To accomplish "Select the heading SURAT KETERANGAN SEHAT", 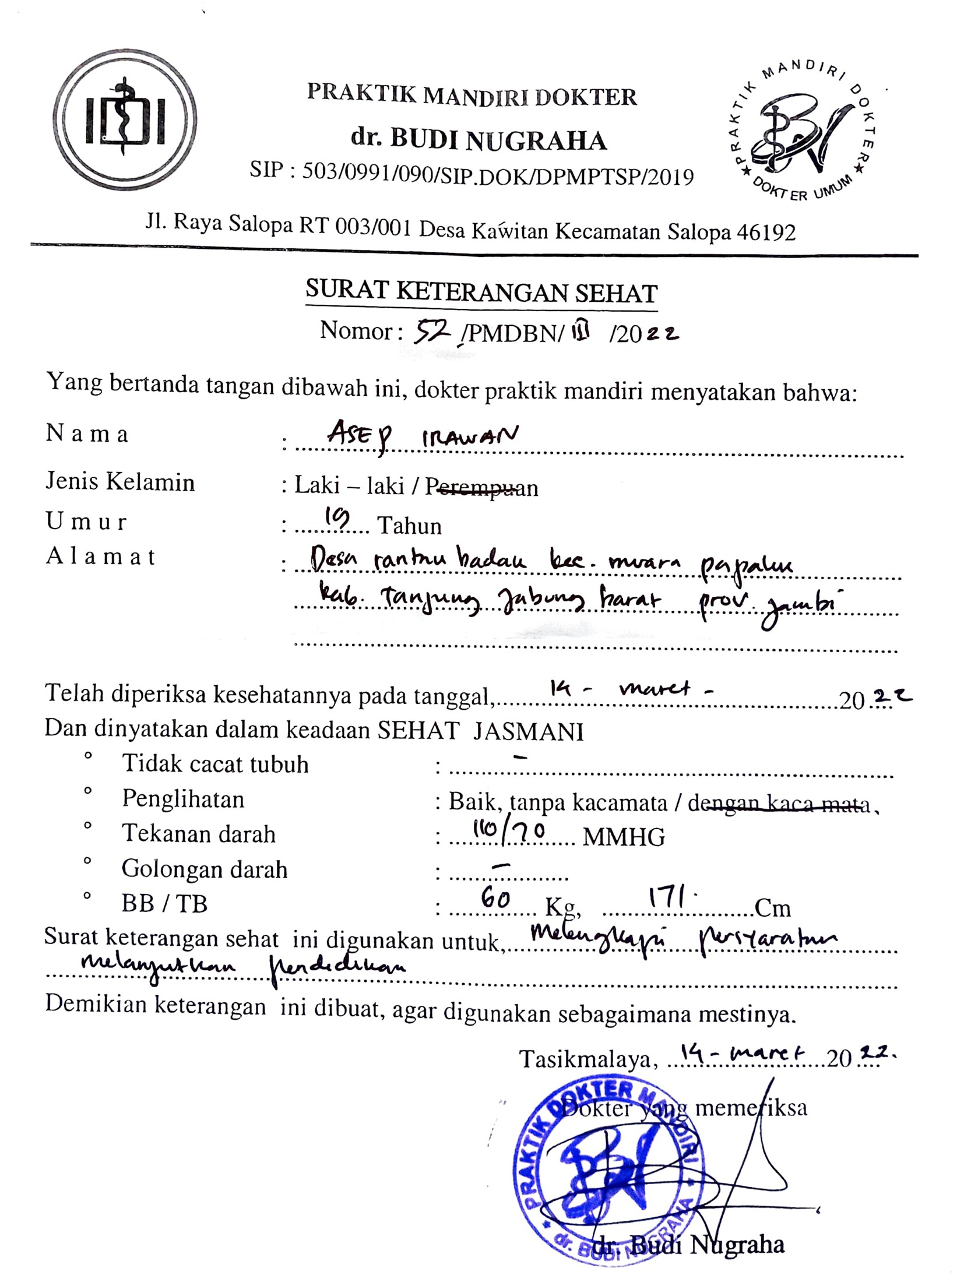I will pyautogui.click(x=481, y=292).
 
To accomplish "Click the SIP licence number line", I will pyautogui.click(x=471, y=174).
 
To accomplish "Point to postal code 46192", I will pyautogui.click(x=766, y=233).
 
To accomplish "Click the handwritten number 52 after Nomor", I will pyautogui.click(x=431, y=332).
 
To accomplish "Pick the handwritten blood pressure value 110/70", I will pyautogui.click(x=508, y=832).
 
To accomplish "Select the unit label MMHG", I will pyautogui.click(x=624, y=837).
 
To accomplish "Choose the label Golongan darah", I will pyautogui.click(x=204, y=869).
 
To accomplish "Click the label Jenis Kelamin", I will pyautogui.click(x=120, y=482).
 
